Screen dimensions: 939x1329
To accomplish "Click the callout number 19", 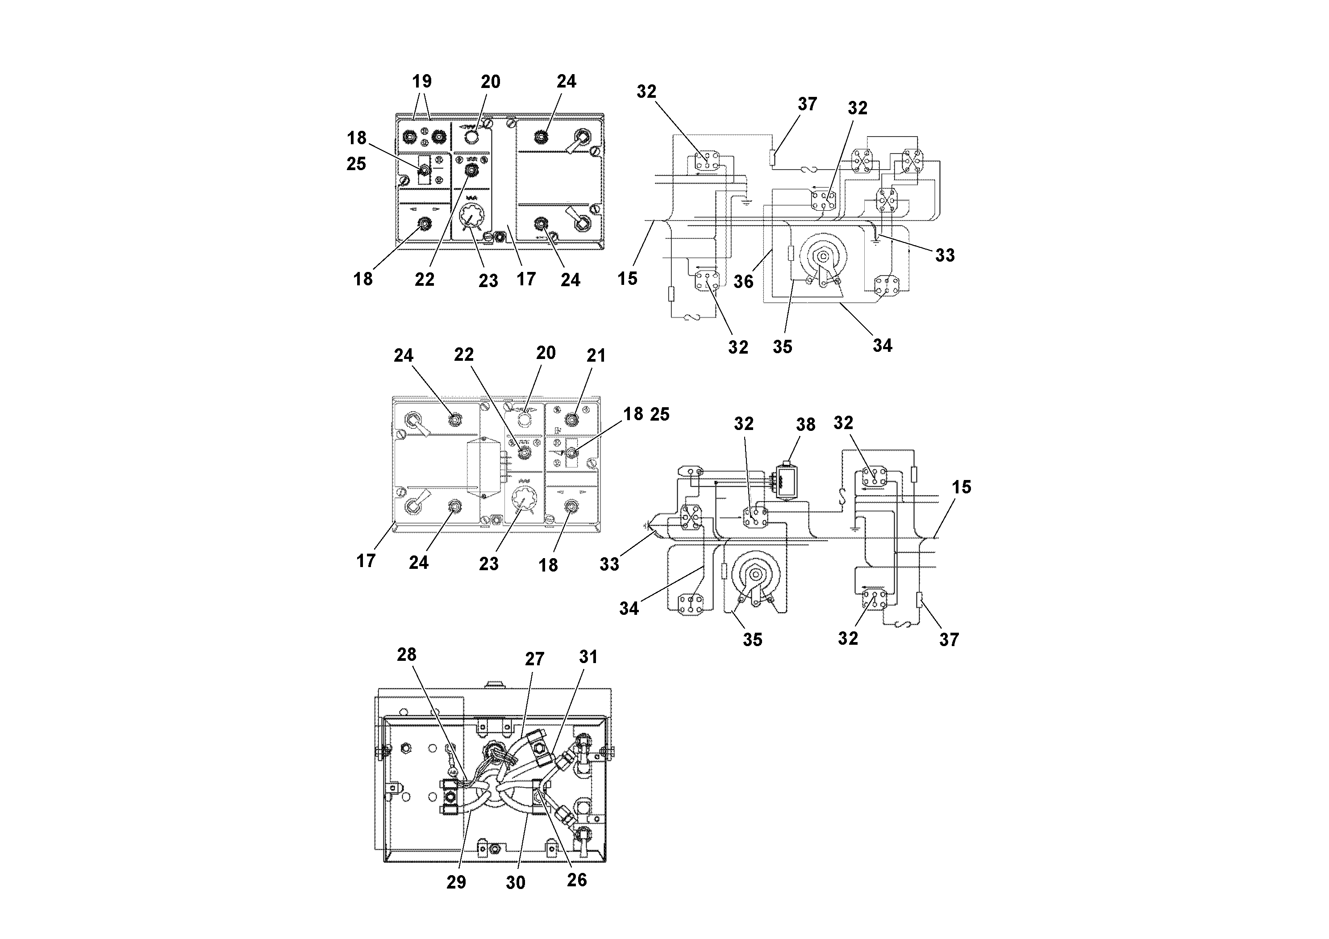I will [422, 81].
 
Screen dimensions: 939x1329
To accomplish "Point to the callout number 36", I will [744, 281].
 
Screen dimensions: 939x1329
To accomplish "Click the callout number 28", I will [406, 655].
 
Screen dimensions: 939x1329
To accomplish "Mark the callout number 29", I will [456, 882].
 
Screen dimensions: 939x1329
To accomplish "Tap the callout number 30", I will [515, 883].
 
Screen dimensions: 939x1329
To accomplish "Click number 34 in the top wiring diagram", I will [882, 346].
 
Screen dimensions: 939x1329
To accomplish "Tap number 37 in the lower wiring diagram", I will [949, 640].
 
